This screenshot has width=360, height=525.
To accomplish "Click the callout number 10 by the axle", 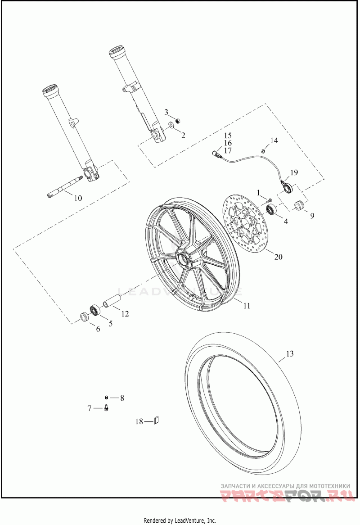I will [x=78, y=198].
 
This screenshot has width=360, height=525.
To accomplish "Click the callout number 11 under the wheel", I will [x=247, y=306].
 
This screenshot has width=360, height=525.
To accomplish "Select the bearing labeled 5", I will [x=95, y=310].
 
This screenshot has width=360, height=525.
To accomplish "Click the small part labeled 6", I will [x=84, y=317].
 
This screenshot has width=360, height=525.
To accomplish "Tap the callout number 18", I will [x=139, y=422].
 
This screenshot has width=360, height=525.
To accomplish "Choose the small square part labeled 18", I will [x=157, y=420].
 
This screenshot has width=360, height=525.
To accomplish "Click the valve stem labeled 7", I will [x=107, y=408].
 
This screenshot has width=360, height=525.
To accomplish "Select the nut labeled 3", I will [x=177, y=121].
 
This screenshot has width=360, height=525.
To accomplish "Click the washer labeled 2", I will [x=171, y=125].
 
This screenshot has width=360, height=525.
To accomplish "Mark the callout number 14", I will [x=274, y=140].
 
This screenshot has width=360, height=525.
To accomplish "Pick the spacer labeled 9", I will [x=300, y=206].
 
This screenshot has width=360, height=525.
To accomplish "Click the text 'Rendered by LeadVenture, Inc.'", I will [x=180, y=520].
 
